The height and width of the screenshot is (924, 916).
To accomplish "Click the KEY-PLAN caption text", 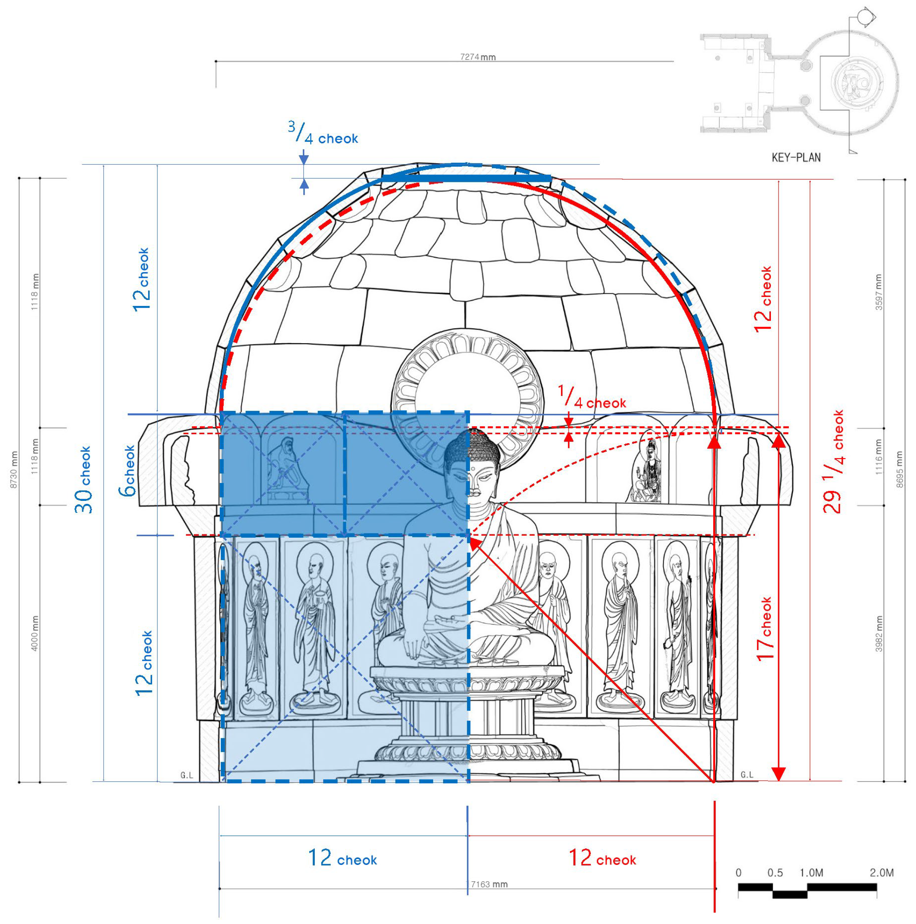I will pos(795,157).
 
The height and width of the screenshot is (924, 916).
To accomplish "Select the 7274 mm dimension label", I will pos(477,57).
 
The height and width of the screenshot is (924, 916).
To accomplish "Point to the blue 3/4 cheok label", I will pos(323,134).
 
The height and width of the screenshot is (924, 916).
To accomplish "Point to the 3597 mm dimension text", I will pos(879,292).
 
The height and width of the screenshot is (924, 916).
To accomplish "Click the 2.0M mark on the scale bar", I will pos(881,872).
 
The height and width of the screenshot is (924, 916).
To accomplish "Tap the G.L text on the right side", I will pos(747,774).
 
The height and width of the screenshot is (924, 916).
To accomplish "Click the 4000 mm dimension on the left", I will pos(35,633).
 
